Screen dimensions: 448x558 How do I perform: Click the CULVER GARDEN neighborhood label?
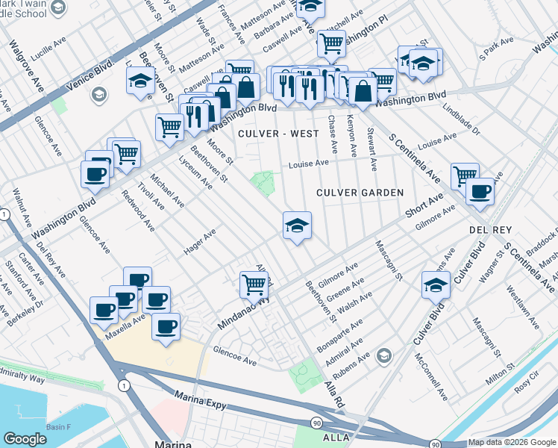coord(360,193)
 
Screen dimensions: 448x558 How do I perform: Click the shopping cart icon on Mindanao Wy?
coord(254,284)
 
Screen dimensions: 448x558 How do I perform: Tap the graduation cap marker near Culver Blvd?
coord(436,284)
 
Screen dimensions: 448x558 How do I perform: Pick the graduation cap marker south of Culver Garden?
coord(297,226)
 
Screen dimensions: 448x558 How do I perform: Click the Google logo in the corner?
coord(25,439)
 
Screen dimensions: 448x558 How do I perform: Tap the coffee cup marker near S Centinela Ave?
coord(480,191)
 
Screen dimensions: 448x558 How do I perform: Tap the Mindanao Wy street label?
coord(240,315)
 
